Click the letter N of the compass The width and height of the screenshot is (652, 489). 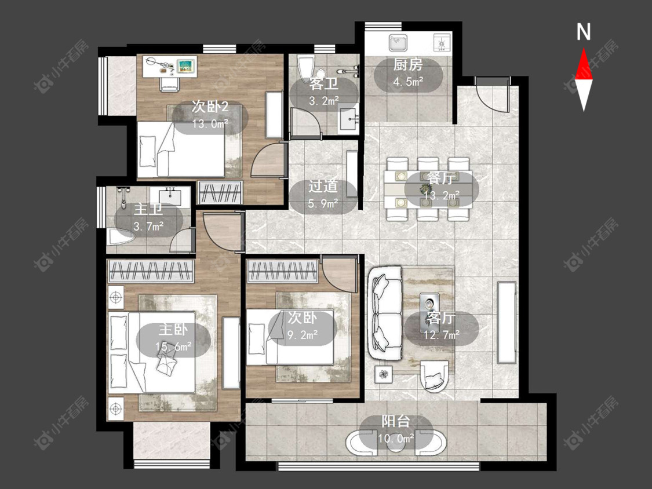point(584,32)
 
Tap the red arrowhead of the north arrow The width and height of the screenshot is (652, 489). point(584,65)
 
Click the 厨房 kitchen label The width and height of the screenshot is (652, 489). point(408,65)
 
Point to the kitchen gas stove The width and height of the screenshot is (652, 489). point(442,43)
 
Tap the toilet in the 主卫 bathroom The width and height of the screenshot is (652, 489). point(120,238)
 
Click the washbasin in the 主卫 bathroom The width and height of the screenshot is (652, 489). point(170,196)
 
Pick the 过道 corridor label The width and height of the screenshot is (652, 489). point(323,187)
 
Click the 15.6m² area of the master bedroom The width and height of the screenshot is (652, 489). point(173,346)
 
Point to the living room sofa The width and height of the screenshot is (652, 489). point(385,313)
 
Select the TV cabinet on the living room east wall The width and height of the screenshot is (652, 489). point(507,323)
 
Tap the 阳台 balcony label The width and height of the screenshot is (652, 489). point(396,422)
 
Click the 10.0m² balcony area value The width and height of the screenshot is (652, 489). point(396,438)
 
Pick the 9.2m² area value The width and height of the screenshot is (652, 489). point(303,334)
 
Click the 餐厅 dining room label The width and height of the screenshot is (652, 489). point(441,179)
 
